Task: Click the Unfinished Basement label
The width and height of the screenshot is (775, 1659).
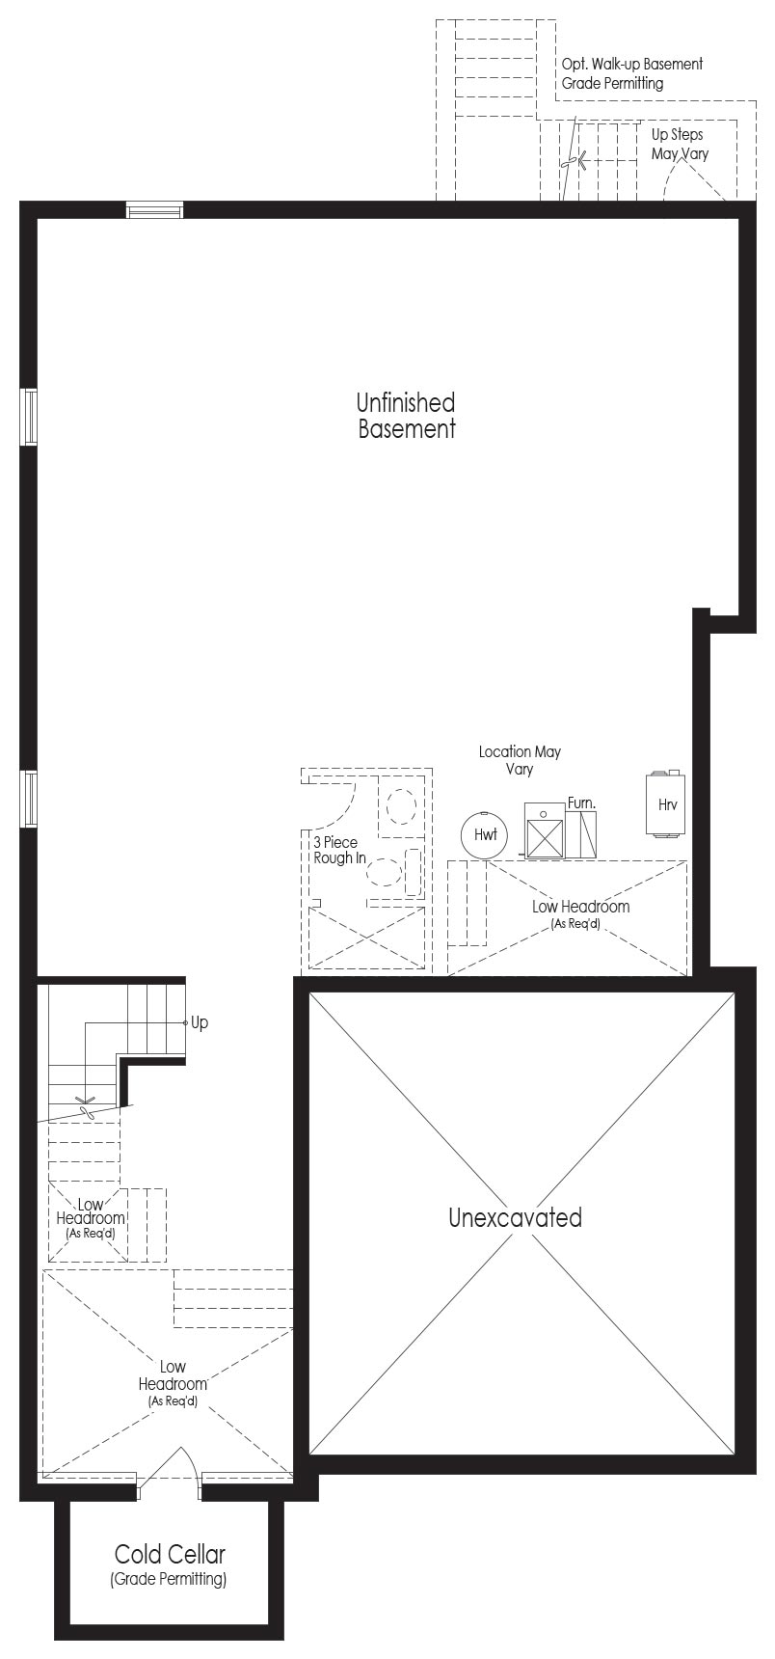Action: (x=406, y=416)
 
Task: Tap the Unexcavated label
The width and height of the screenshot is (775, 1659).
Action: (x=515, y=1217)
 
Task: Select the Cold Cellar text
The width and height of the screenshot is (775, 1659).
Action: (x=170, y=1554)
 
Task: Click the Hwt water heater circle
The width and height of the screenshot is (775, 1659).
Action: (x=485, y=834)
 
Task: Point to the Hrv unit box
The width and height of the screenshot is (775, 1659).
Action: (x=666, y=803)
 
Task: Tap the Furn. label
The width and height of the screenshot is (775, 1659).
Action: (x=581, y=802)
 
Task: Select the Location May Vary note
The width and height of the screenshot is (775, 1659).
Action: (x=520, y=760)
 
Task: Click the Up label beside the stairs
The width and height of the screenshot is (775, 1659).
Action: (x=199, y=1022)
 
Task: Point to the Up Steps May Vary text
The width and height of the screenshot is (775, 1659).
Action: (x=680, y=144)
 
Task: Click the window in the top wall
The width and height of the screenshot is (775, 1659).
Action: (x=154, y=210)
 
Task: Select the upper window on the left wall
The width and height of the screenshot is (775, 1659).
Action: (x=30, y=417)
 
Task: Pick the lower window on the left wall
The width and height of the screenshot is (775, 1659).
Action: (x=30, y=800)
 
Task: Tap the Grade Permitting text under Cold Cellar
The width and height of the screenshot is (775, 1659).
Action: (x=169, y=1579)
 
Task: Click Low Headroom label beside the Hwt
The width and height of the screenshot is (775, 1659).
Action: (x=580, y=912)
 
